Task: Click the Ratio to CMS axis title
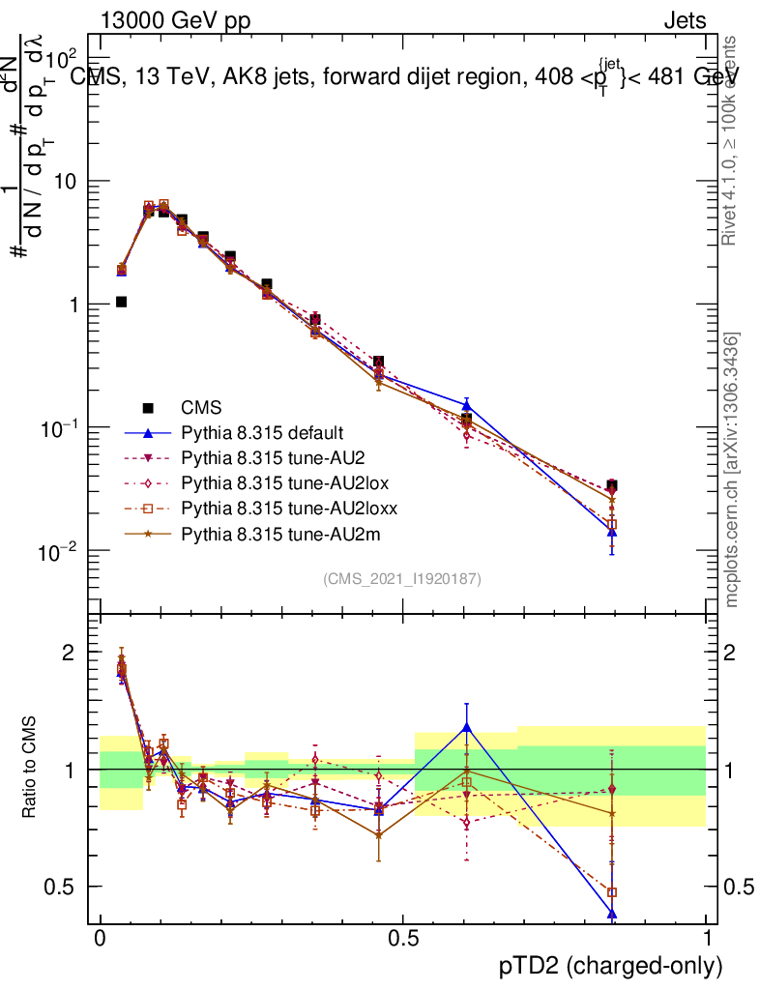30,768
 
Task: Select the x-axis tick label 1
707,939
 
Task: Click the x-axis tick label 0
100,939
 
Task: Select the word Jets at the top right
684,19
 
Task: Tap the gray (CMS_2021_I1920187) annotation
402,578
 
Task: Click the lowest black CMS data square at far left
122,302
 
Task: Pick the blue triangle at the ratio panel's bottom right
612,914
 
